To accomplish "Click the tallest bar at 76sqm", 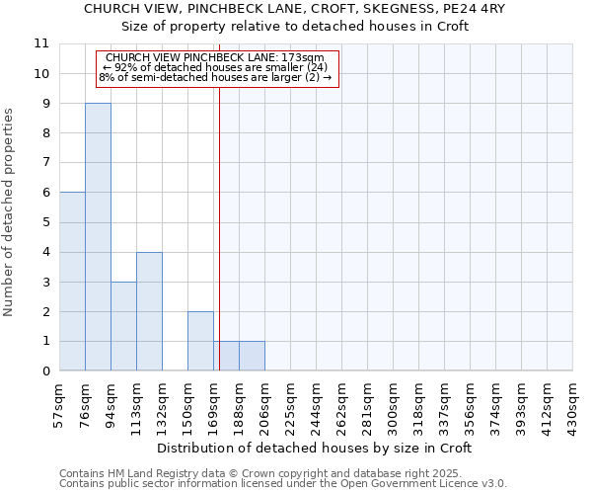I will tap(98, 237).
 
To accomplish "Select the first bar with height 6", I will tap(72, 282).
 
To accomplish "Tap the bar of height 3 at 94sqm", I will tap(123, 326).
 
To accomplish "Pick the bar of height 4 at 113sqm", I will tap(149, 311).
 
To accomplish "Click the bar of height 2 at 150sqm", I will tap(200, 341).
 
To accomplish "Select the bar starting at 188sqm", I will tap(252, 356).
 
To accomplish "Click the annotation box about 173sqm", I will tap(217, 67).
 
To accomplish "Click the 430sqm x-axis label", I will tap(572, 405).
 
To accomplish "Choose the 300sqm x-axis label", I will tap(393, 405).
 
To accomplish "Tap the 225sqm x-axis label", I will tap(290, 405).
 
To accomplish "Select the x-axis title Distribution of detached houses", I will tap(316, 448).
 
